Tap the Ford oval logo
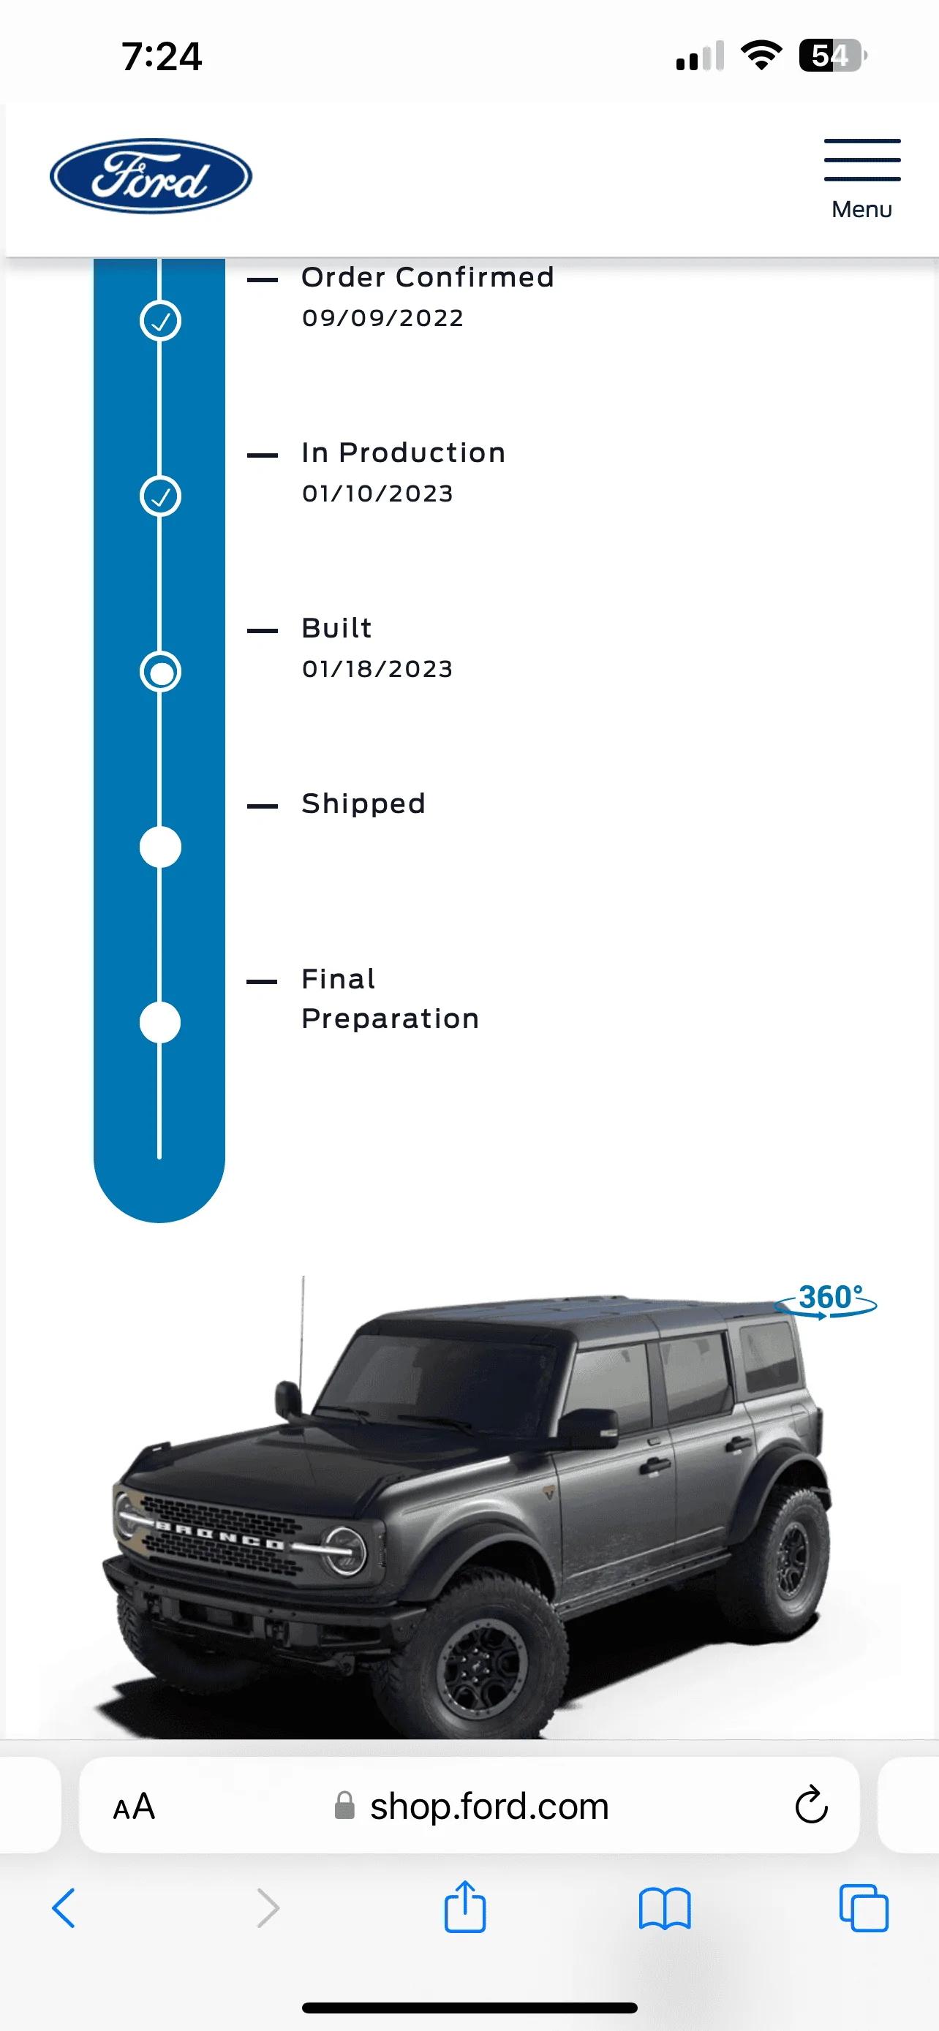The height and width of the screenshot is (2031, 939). coord(151,175)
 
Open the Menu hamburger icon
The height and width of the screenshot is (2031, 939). coord(861,160)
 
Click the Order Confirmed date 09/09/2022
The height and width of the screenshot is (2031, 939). coord(382,318)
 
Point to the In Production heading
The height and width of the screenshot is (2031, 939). coord(403,453)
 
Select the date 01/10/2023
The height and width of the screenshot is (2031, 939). coord(377,493)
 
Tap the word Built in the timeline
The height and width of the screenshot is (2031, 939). coord(336,628)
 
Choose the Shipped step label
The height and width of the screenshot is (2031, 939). coord(363,803)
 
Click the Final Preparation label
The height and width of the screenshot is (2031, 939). coord(391,999)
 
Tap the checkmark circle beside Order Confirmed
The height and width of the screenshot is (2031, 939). coord(160,321)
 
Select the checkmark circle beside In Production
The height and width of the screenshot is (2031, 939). coord(160,496)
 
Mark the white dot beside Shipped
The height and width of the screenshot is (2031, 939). coord(160,847)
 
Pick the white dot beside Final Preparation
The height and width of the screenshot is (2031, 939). coord(160,1023)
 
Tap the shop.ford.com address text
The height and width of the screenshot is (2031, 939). coord(489,1807)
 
